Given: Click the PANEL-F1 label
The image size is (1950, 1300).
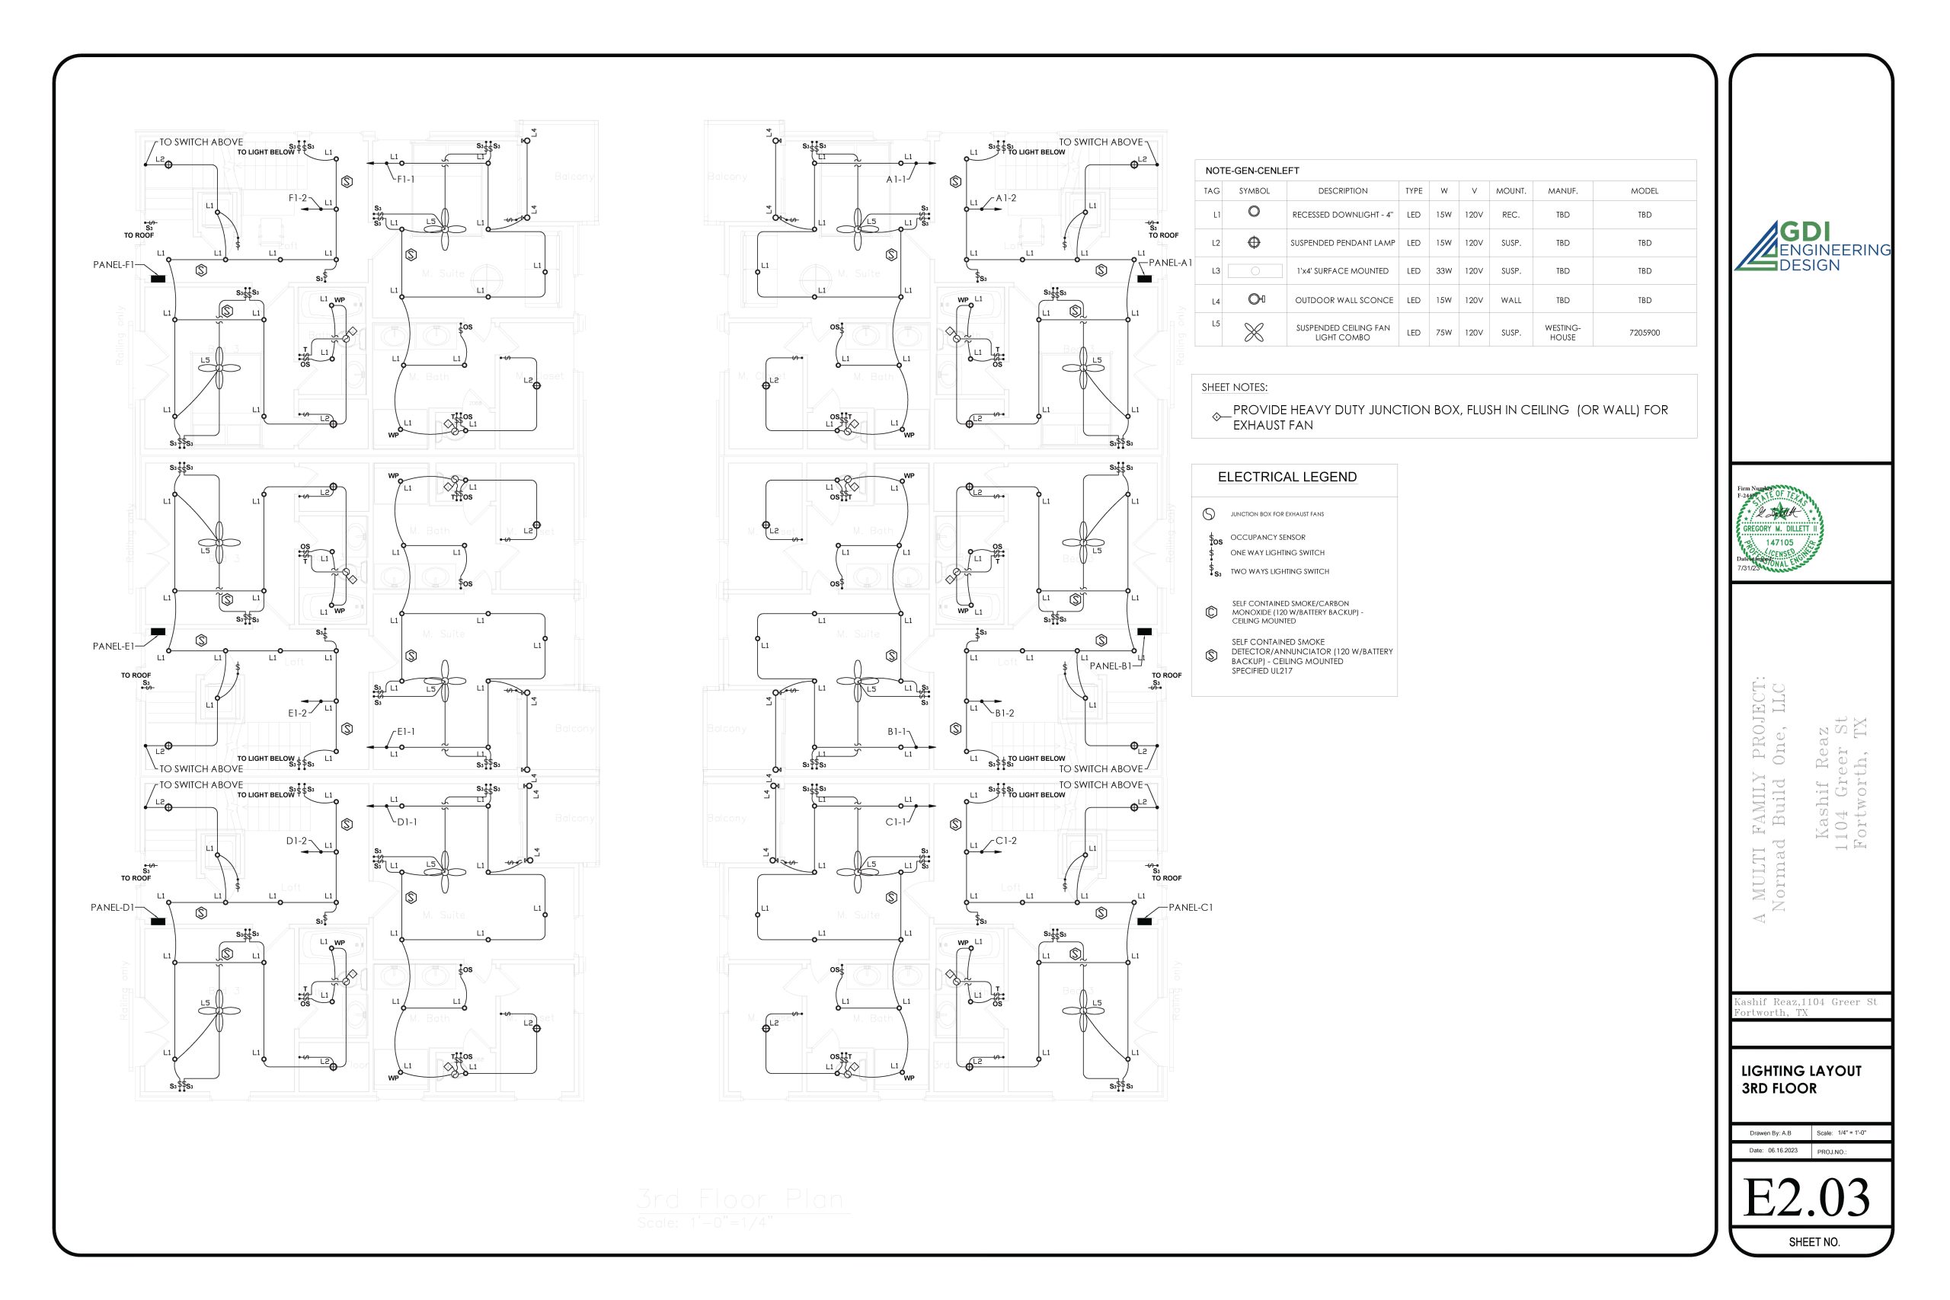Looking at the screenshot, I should pos(113,265).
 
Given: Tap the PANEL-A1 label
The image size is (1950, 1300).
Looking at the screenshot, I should pos(1170,263).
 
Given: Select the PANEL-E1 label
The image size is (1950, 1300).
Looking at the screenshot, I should pos(113,646).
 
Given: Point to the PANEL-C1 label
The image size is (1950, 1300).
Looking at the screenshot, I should pos(1191,908).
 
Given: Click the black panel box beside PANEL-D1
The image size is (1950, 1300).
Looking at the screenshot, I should pos(158,921).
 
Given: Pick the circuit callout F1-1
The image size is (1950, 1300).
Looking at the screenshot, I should pos(405,179).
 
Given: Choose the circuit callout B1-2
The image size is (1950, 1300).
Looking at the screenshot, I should pos(1004,713).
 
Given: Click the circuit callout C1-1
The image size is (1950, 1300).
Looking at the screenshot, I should pos(896,822).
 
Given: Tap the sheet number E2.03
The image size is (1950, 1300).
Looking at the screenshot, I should pos(1807,1198).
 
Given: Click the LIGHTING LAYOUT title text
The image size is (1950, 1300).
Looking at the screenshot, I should pos(1801,1072).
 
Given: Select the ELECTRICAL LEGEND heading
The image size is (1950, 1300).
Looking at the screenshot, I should pos(1287,478).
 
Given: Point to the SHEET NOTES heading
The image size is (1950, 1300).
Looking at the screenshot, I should pos(1234,387).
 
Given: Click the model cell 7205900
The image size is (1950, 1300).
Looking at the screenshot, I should pos(1644,333).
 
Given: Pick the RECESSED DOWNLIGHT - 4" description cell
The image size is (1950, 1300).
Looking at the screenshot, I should pos(1342,215).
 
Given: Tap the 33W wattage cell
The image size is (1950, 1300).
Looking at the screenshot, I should pos(1443,271).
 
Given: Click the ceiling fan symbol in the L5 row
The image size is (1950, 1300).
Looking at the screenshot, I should pos(1254,333).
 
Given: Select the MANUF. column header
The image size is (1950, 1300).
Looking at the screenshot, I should pos(1562,190).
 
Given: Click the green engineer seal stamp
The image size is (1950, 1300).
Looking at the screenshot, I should pos(1779,529).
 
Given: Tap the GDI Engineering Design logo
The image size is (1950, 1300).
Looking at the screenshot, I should pos(1811,247).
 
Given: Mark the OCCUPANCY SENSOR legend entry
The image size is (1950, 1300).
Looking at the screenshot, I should pos(1267,537).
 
